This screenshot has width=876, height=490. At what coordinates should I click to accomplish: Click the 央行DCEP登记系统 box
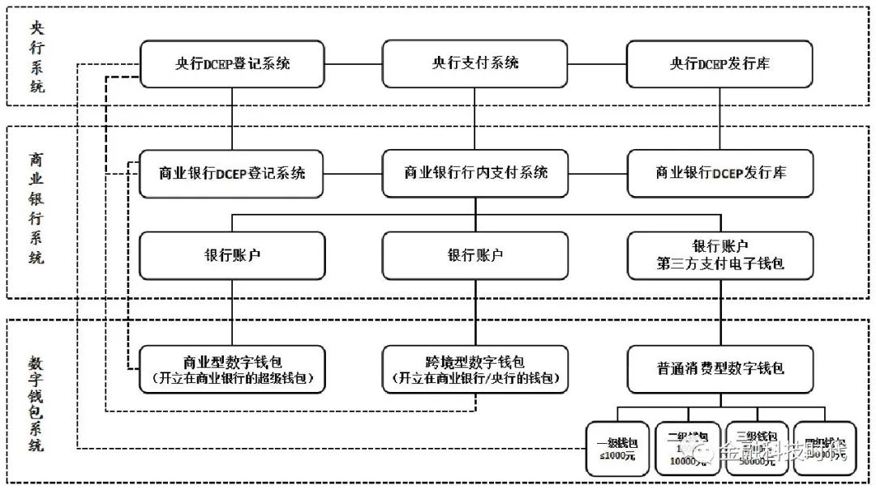click(232, 63)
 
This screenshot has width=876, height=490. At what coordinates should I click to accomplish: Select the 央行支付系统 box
click(475, 63)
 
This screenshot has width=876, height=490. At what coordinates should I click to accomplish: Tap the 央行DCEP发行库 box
click(719, 63)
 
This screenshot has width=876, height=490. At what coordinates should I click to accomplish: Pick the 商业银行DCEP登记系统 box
click(232, 173)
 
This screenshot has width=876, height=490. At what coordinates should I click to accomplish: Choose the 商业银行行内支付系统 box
click(475, 173)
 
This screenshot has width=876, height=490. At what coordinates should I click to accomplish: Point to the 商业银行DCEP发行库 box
click(719, 173)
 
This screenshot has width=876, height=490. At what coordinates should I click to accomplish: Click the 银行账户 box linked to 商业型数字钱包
click(232, 255)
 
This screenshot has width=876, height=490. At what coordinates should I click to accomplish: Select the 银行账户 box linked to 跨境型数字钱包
click(475, 255)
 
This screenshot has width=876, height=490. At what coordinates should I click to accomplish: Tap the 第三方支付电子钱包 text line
click(719, 264)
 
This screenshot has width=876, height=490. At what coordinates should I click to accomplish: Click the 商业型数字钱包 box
click(232, 369)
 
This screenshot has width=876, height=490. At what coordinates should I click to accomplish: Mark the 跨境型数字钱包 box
click(475, 369)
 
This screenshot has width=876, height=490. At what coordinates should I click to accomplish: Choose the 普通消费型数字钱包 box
click(719, 369)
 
